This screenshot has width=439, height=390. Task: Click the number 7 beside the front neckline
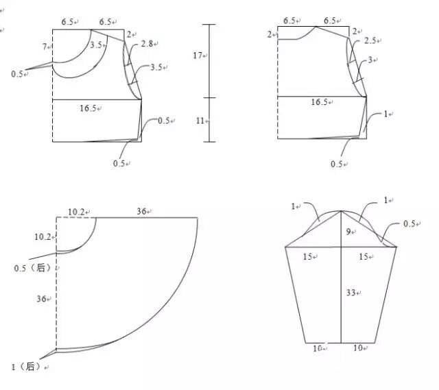coord(45,47)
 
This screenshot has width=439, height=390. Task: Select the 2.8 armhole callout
coord(147,43)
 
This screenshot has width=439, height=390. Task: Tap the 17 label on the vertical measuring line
coord(198,56)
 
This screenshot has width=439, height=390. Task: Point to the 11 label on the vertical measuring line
coord(200,121)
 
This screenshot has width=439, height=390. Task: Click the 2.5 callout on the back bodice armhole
coord(370,40)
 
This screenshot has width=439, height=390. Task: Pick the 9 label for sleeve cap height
coord(348,232)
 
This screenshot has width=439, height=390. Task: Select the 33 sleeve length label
coord(351,293)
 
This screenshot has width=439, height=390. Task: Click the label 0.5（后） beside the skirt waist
coord(32,268)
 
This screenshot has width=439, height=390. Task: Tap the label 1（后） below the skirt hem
coord(26,367)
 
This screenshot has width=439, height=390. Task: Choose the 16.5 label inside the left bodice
coord(88,108)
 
